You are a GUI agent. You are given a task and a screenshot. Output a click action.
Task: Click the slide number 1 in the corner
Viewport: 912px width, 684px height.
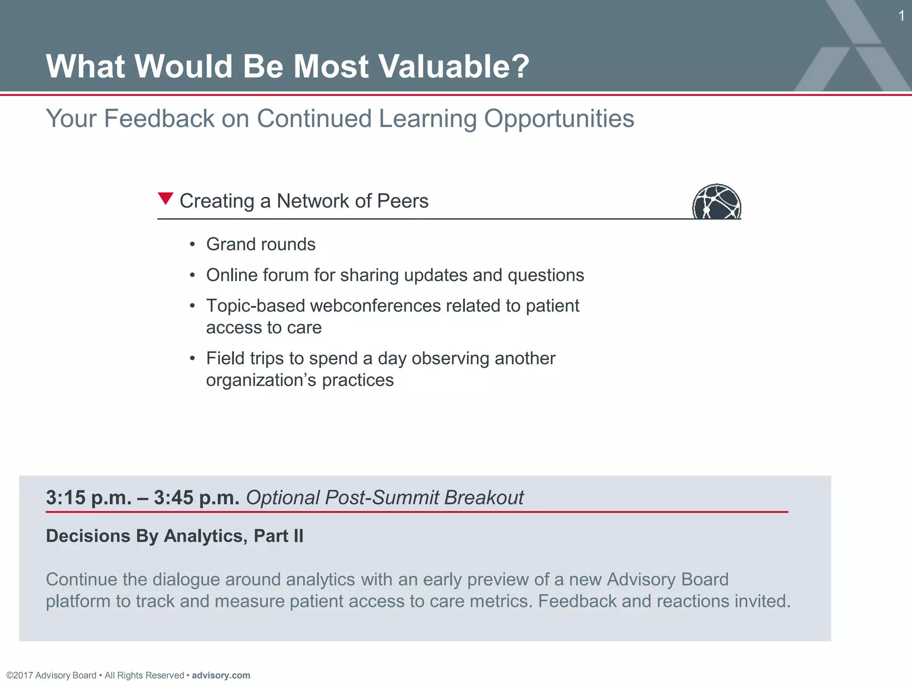tap(901, 16)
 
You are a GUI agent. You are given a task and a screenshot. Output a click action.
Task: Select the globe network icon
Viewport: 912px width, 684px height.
tap(716, 202)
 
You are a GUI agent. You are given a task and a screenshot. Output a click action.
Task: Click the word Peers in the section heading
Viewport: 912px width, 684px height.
tap(403, 201)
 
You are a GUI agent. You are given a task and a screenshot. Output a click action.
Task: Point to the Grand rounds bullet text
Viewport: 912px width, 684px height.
tap(261, 244)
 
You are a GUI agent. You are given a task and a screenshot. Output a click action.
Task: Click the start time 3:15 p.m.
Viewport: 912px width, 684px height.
tap(89, 497)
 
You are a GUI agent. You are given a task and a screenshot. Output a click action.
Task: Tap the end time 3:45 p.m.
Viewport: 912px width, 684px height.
tap(196, 497)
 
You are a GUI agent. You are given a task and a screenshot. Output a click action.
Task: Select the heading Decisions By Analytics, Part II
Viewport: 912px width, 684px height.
tap(175, 536)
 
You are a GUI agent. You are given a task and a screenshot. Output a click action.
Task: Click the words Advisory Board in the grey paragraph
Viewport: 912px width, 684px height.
tap(668, 579)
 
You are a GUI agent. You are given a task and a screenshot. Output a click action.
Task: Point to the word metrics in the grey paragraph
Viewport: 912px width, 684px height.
tap(501, 601)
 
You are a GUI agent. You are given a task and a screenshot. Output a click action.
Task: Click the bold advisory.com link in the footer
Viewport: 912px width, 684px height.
tap(221, 675)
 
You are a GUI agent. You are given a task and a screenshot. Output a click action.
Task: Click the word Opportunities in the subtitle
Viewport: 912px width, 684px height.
tap(559, 118)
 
